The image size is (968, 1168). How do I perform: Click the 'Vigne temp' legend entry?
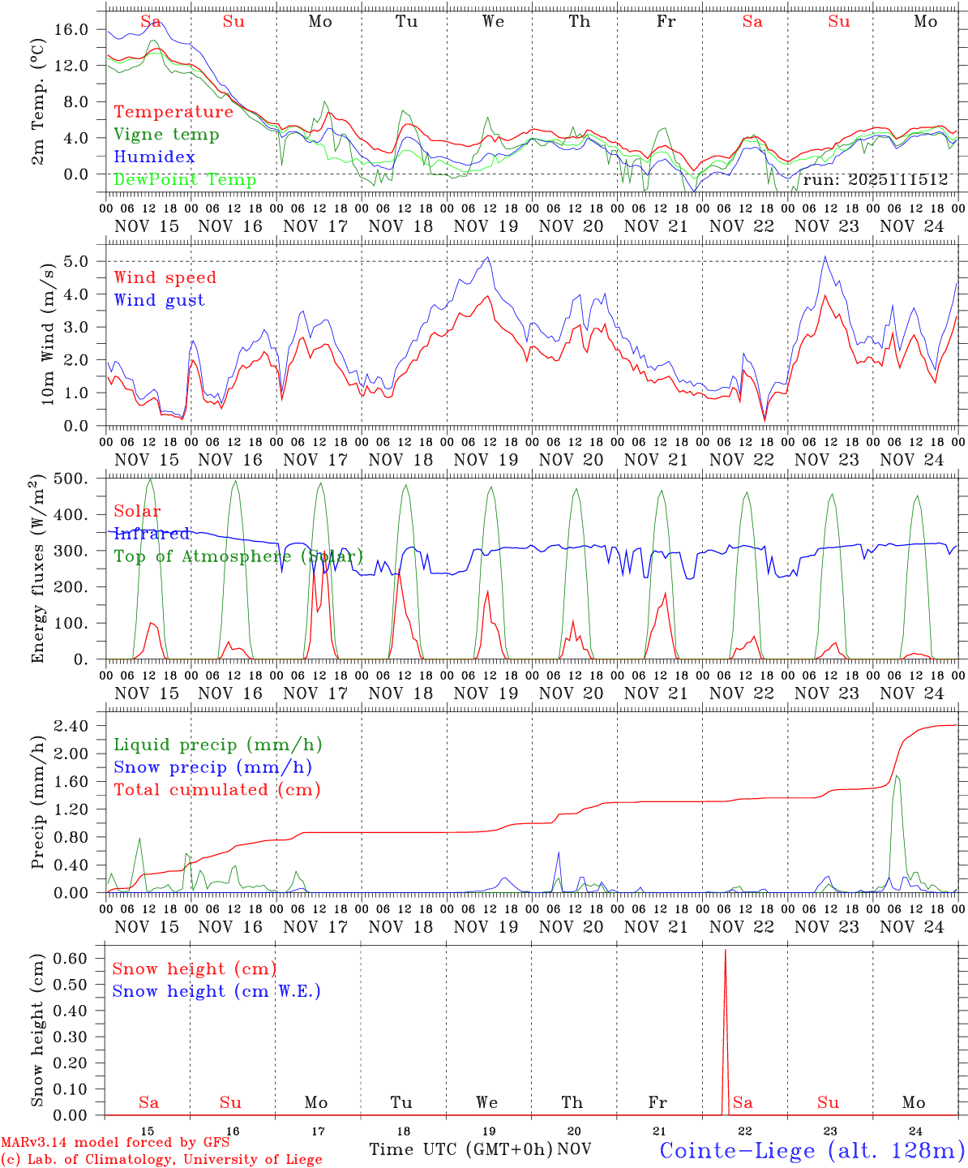(x=166, y=135)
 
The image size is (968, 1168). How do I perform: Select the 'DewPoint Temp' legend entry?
(x=185, y=179)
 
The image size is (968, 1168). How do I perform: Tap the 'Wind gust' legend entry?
(x=160, y=300)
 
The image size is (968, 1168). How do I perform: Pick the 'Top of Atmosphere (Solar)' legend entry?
(x=238, y=556)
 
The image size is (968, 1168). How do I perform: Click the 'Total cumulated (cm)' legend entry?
(x=216, y=789)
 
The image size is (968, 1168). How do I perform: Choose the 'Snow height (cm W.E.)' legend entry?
(x=216, y=991)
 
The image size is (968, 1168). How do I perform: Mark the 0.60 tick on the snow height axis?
(x=71, y=958)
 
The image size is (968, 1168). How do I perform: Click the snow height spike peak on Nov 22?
(x=725, y=950)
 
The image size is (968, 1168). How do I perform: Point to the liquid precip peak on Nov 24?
(x=897, y=776)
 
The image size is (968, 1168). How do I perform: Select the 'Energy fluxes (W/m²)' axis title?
(x=38, y=568)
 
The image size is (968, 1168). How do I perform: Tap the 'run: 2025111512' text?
(x=876, y=180)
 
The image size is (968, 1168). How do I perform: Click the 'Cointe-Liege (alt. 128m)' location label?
(x=812, y=1149)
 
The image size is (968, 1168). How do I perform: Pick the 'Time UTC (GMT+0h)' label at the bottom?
(x=460, y=1149)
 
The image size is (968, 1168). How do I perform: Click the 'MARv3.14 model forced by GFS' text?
(x=115, y=1143)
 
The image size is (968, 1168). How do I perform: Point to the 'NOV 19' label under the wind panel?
(x=486, y=459)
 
